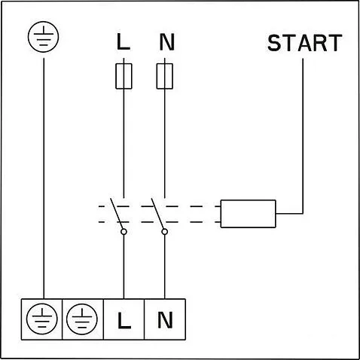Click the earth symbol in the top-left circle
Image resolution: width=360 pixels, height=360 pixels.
click(43, 35)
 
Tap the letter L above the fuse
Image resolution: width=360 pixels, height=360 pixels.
click(124, 42)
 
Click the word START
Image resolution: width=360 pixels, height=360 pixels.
click(304, 42)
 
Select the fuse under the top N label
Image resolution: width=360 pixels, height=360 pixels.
click(166, 75)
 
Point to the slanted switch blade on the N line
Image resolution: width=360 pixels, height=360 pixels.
click(160, 215)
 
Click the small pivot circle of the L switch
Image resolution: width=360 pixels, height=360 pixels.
click(124, 233)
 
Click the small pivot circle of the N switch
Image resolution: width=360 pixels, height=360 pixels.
click(165, 233)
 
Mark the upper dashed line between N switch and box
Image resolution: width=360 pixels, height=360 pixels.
click(192, 205)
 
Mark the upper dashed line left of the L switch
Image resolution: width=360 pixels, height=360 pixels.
click(104, 205)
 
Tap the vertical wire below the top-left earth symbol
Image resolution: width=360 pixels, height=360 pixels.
click(43, 173)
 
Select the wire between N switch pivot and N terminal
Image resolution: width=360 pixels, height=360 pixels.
click(165, 267)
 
